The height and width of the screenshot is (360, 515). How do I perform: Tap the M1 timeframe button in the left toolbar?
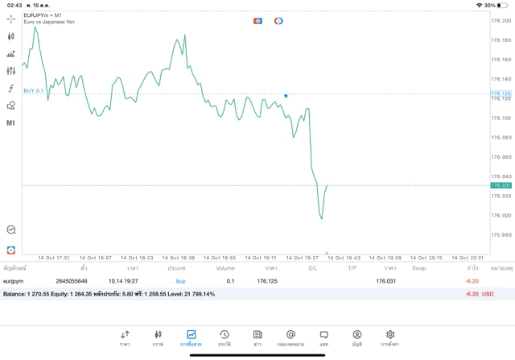[x=11, y=123]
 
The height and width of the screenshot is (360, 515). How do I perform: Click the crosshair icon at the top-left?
[x=11, y=19]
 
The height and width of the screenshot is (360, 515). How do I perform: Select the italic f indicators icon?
[x=11, y=89]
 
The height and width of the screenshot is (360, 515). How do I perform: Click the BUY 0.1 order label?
[x=34, y=91]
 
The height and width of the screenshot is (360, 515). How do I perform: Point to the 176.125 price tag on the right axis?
[x=501, y=94]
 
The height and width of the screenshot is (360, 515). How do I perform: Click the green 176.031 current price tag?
[x=501, y=185]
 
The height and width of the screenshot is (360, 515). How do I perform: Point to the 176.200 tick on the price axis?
[x=501, y=40]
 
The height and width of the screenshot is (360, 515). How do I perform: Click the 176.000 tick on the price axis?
[x=501, y=215]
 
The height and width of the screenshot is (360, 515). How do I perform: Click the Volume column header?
[x=225, y=268]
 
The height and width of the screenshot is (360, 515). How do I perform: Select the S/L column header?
[x=312, y=268]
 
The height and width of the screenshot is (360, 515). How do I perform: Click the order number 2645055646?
[x=72, y=281]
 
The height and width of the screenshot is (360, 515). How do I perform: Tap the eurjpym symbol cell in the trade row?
[x=14, y=281]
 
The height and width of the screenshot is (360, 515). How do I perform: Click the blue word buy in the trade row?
[x=180, y=281]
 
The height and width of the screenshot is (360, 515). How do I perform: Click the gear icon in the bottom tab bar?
[x=390, y=334]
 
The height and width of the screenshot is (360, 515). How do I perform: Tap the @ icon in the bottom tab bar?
[x=290, y=334]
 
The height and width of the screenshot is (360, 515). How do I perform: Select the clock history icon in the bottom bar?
[x=224, y=334]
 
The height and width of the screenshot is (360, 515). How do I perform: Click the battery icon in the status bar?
[x=504, y=5]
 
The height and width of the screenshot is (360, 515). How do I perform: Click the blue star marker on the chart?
[x=286, y=96]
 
